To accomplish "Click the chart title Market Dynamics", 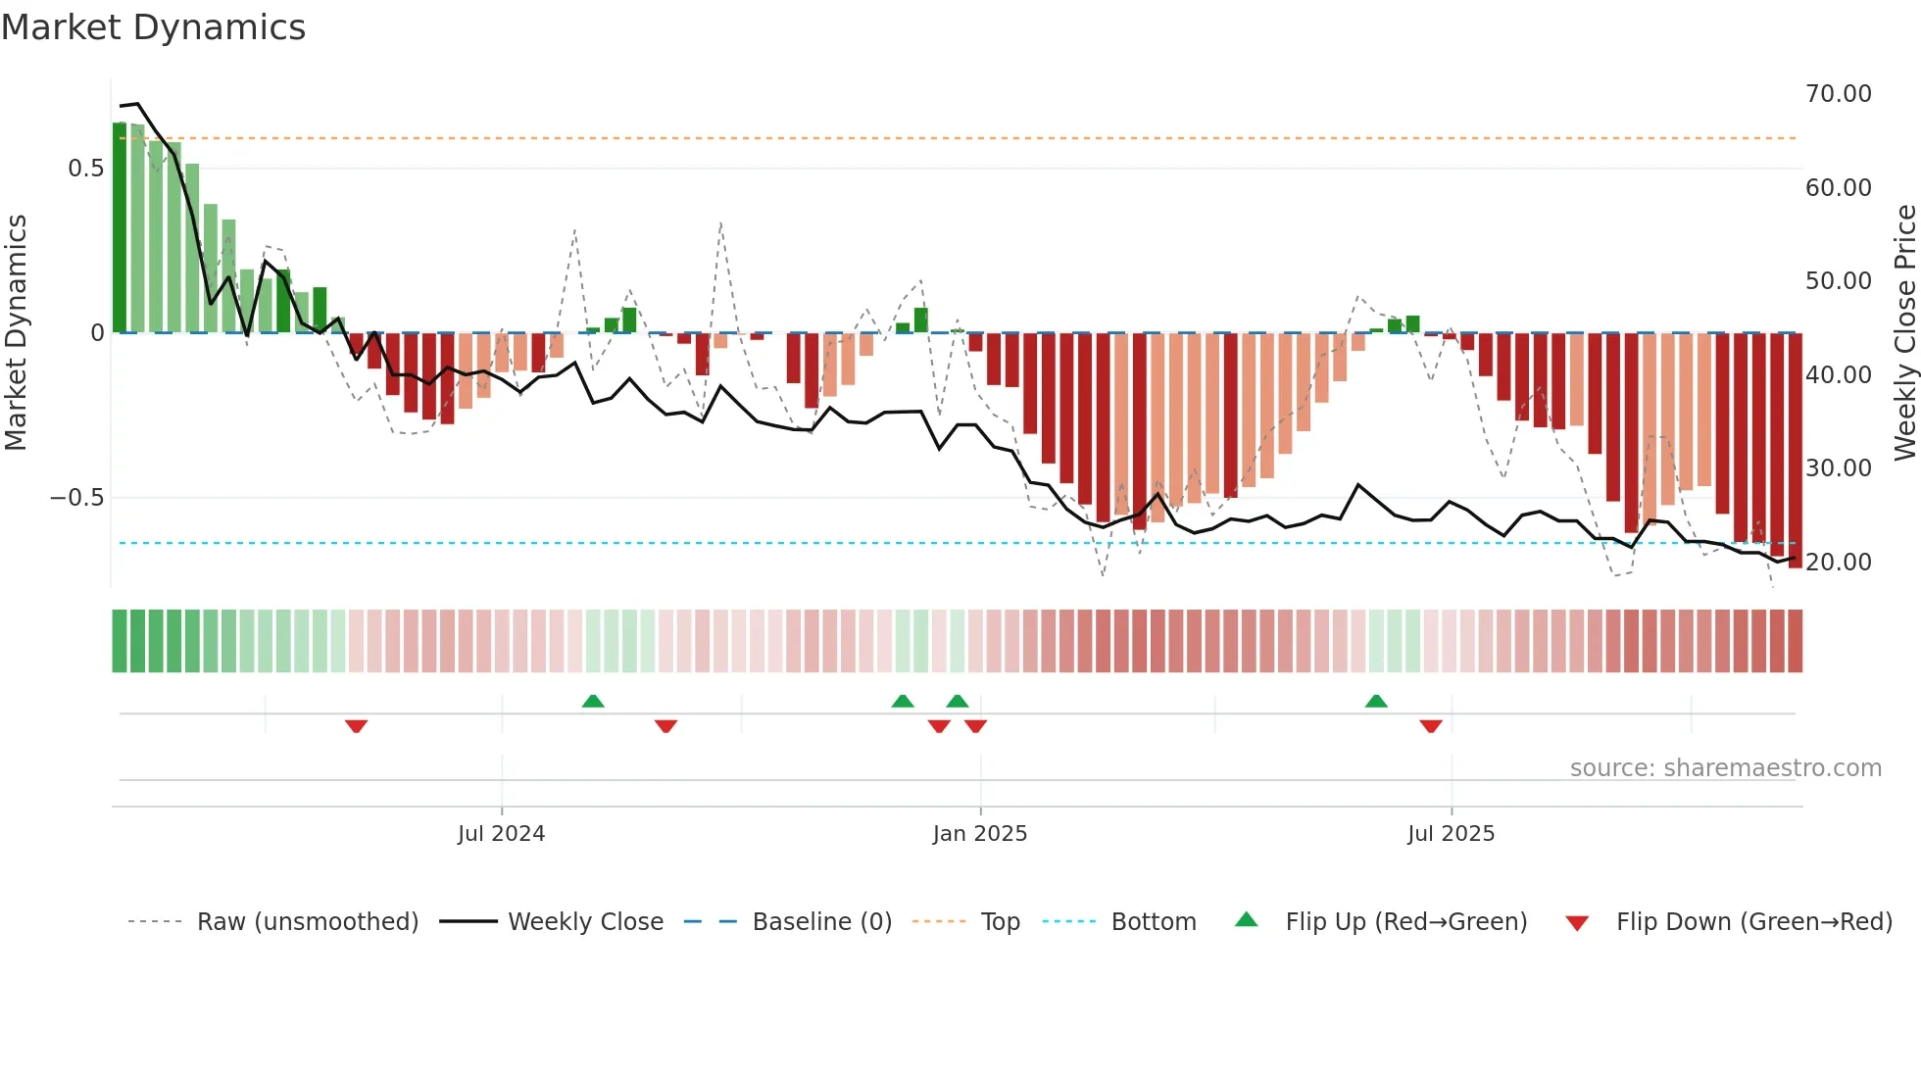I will coord(153,27).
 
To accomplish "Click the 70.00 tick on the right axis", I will coord(1838,94).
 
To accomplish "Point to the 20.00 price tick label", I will coord(1838,563).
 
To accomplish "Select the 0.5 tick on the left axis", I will coord(86,169).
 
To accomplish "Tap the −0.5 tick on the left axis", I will coord(77,498).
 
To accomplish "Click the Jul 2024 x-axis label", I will coord(501,834).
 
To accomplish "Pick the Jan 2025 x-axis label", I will coord(979,834).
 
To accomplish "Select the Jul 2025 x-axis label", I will coord(1451,834).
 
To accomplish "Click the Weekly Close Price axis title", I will coord(1904,332).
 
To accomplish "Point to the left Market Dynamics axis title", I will coord(16,332).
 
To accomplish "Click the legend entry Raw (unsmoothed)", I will coord(307,922).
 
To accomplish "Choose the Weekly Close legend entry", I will coord(585,922).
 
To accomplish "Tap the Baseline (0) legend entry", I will coord(821,922).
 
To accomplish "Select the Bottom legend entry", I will coord(1153,922).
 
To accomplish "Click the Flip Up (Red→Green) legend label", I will coord(1405,922).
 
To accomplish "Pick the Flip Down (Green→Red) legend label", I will coord(1753,922).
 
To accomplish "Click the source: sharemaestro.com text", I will coord(1725,768).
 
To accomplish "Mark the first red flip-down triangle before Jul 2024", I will coord(356,726).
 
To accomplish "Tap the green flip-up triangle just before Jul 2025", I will coord(1376,701).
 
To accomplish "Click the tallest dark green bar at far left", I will coord(120,227).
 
